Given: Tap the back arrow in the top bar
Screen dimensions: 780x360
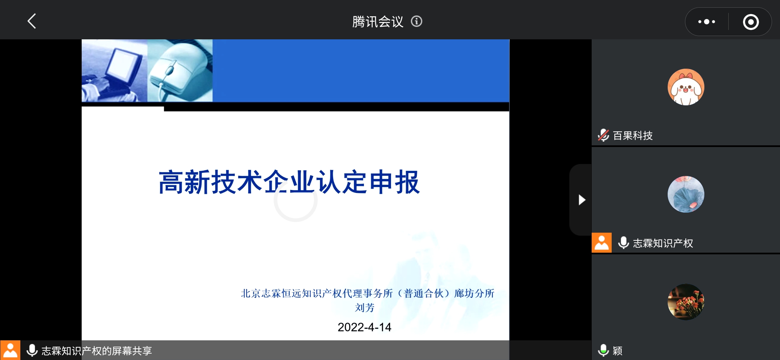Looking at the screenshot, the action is (32, 21).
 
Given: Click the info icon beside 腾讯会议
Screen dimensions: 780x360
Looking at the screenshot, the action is (416, 21).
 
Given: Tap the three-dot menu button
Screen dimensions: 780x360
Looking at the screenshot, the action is (707, 22).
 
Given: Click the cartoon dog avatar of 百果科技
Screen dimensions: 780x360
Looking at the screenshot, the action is (686, 87).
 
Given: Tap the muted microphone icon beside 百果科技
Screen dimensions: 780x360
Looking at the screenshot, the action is (603, 135).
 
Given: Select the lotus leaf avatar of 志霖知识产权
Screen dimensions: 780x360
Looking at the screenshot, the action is (686, 194).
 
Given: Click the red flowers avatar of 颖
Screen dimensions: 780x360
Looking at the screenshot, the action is (686, 302).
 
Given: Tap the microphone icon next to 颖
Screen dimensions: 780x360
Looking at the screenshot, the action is (603, 350).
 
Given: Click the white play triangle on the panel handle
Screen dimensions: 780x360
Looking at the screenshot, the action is (582, 200).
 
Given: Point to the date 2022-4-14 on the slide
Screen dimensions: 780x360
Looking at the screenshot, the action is (364, 327).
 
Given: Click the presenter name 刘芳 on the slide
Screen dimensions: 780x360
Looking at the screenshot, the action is (365, 307).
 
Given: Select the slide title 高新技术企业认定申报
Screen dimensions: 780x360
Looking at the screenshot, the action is (289, 182).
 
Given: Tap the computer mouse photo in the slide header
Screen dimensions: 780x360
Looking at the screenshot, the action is (180, 71).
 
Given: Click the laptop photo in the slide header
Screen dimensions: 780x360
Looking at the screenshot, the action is (115, 71).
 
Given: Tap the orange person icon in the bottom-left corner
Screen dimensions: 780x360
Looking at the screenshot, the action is (10, 350).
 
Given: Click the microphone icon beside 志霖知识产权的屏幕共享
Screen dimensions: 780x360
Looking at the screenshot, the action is (32, 350).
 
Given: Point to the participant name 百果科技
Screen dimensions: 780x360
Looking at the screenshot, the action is (633, 136).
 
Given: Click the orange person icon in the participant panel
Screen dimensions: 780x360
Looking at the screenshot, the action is (602, 243).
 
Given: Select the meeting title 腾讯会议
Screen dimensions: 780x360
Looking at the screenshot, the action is (378, 22).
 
